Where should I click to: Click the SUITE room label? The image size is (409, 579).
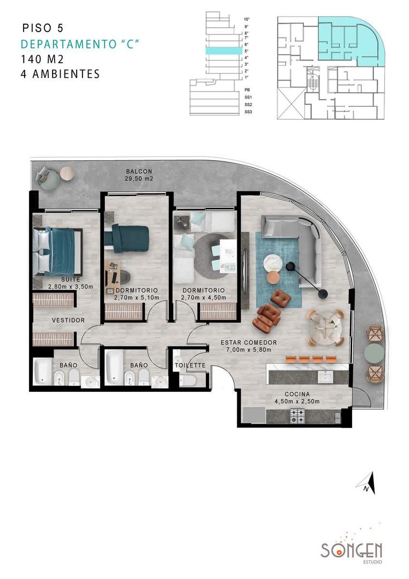pyautogui.click(x=57, y=280)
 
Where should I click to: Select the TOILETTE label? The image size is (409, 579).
pyautogui.click(x=190, y=366)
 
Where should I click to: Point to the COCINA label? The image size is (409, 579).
pyautogui.click(x=297, y=394)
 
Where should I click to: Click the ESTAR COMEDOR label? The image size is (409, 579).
pyautogui.click(x=249, y=343)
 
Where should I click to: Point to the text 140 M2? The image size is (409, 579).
pyautogui.click(x=42, y=60)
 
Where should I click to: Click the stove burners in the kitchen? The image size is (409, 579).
pyautogui.click(x=297, y=414)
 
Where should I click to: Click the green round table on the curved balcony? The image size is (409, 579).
pyautogui.click(x=374, y=353)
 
